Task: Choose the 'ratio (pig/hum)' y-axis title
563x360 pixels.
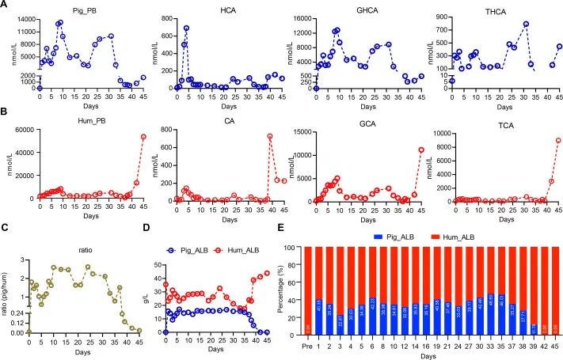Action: pyautogui.click(x=10, y=285)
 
